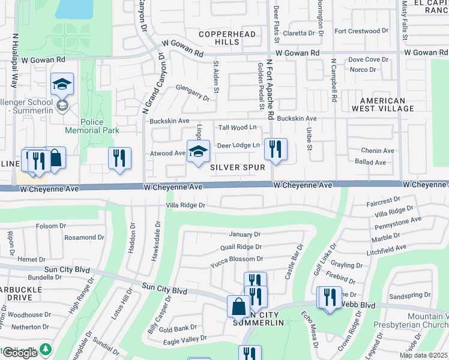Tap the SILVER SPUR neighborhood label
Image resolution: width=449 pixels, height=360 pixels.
(x=238, y=168)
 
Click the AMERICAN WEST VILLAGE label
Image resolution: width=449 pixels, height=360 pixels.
(x=387, y=104)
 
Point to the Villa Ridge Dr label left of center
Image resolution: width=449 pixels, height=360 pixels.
(x=185, y=205)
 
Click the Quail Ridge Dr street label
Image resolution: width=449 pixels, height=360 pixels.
(x=241, y=247)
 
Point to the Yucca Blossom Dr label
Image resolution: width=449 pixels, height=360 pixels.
(x=237, y=259)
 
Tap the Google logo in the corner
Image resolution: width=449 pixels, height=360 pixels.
(x=19, y=353)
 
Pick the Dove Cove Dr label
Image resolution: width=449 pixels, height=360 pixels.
(x=369, y=59)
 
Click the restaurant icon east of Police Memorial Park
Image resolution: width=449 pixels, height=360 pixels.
(x=119, y=158)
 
